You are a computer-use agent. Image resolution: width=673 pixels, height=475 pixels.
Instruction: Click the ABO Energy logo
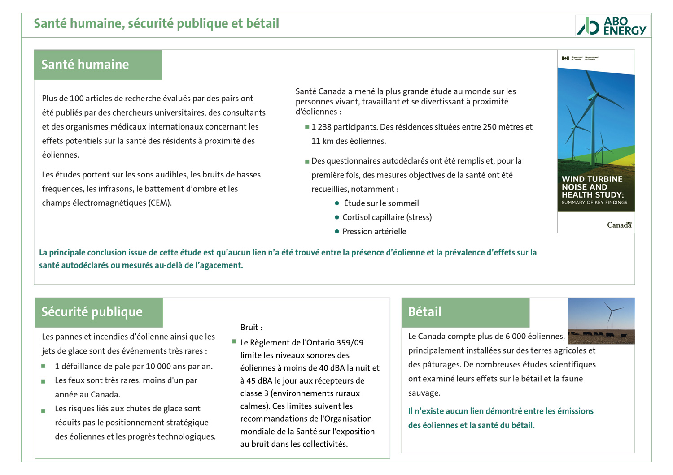(x=612, y=26)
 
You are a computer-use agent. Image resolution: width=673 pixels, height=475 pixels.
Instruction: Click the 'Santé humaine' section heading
(x=85, y=65)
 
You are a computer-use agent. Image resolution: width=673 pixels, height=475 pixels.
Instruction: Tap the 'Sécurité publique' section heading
(x=92, y=312)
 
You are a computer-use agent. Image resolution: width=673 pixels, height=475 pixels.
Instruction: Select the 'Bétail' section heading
(x=424, y=312)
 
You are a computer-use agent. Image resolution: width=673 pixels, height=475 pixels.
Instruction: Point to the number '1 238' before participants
(x=321, y=127)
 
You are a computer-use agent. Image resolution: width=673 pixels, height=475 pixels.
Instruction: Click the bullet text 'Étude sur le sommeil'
(x=381, y=203)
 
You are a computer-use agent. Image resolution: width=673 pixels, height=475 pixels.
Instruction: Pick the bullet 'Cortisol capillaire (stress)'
(x=387, y=217)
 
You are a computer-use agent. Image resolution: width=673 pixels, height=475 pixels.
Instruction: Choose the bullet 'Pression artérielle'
(x=374, y=232)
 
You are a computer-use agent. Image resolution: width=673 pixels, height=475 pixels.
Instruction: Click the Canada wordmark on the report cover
(x=619, y=225)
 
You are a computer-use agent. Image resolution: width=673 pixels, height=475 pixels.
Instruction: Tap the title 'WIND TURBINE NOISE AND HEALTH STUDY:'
(x=592, y=187)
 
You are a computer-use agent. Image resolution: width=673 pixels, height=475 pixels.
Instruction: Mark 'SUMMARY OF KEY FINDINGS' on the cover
(x=594, y=203)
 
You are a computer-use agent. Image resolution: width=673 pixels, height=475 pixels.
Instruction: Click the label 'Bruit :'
(x=251, y=328)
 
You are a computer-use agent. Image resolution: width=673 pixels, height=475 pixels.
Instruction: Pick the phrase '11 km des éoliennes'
(x=349, y=141)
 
